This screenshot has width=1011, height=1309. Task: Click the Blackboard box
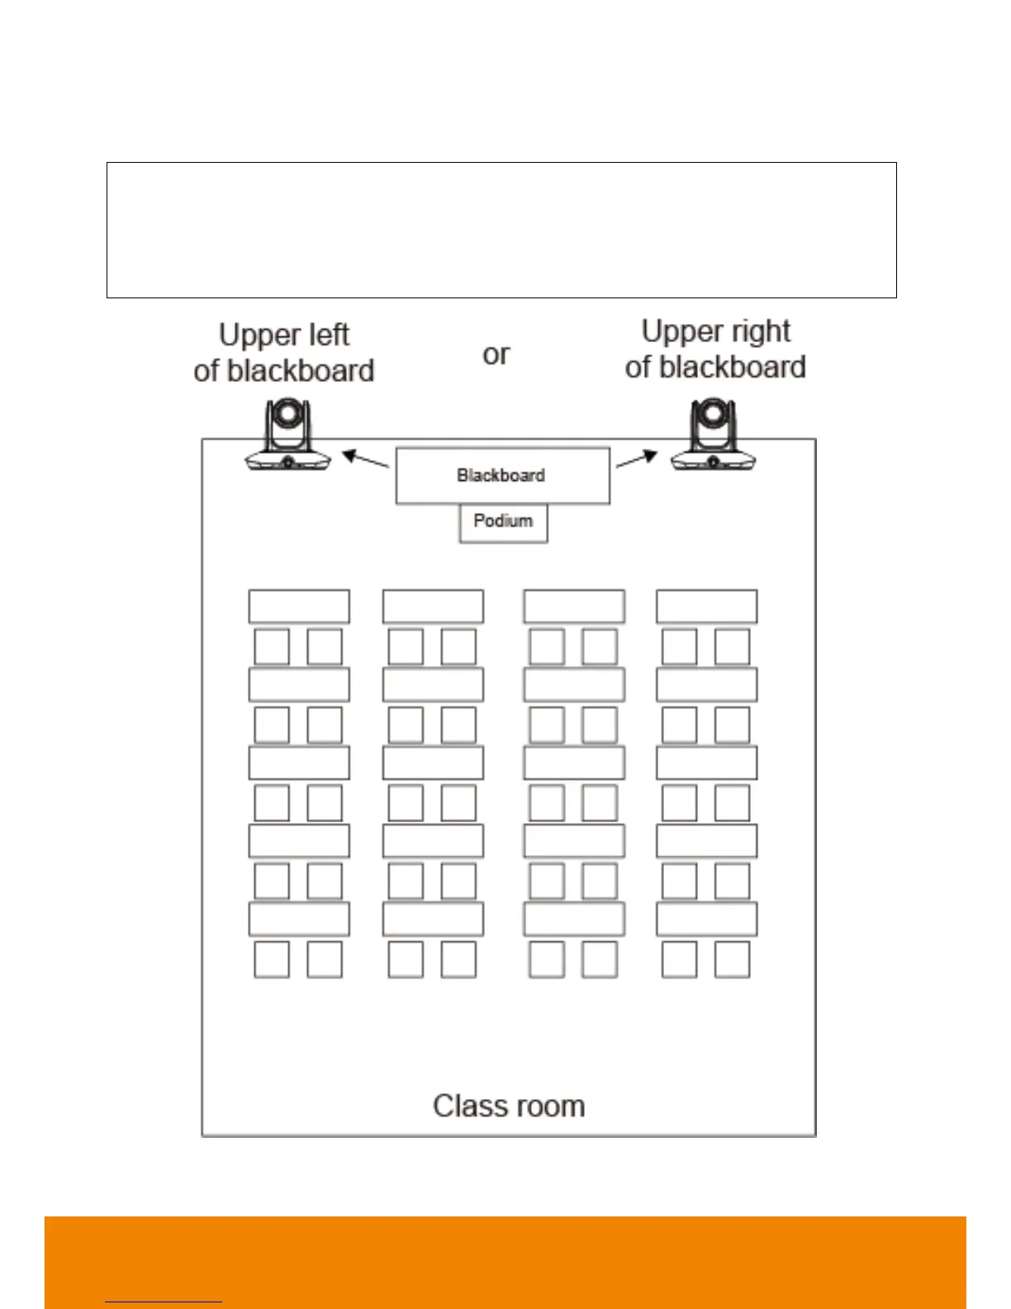tap(502, 475)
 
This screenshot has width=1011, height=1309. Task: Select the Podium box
tap(503, 522)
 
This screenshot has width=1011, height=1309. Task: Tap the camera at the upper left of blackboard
tap(287, 436)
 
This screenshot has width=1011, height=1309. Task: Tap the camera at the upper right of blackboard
tap(713, 436)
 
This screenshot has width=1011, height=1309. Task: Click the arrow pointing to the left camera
tap(365, 459)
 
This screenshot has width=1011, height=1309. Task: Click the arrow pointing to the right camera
tap(637, 459)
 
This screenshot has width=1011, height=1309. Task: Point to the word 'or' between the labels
tap(496, 355)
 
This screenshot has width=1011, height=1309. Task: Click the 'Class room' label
tap(509, 1106)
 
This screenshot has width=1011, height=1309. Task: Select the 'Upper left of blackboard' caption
tap(284, 353)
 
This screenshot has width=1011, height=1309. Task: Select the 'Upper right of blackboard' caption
tap(715, 350)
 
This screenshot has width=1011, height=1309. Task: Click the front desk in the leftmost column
tap(299, 606)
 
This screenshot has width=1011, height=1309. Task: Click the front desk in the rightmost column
tap(706, 606)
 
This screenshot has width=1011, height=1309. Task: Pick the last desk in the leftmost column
tap(299, 919)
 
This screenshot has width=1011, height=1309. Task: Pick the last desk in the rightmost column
tap(706, 919)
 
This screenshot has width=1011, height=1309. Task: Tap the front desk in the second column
tap(433, 606)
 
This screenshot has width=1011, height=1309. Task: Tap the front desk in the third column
tap(574, 606)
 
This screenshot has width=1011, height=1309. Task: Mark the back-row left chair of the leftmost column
tap(272, 959)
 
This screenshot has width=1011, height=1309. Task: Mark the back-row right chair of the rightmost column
tap(732, 959)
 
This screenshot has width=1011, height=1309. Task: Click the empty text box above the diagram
tap(501, 230)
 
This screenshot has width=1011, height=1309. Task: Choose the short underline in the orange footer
tap(164, 1302)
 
